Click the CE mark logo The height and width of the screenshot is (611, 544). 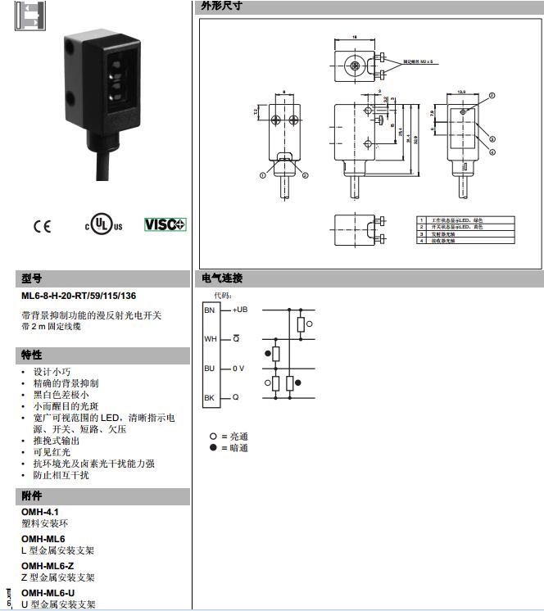[42, 225]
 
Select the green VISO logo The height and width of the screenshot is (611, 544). [165, 224]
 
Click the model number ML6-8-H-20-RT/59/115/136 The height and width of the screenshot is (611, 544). [79, 296]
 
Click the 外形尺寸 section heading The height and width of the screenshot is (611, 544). [222, 7]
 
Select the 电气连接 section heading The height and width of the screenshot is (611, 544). [222, 278]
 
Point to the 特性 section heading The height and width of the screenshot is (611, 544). [32, 355]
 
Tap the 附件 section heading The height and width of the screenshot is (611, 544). [32, 496]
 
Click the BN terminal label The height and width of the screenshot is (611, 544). [210, 310]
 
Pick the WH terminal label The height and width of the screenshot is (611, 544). [211, 338]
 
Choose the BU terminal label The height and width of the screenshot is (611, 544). [210, 369]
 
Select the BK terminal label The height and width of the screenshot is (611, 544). [210, 397]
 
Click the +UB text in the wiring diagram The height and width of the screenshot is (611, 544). [240, 310]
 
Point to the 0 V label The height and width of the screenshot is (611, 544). [238, 369]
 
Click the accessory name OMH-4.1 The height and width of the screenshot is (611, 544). [40, 511]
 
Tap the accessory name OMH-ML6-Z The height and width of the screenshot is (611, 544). [48, 566]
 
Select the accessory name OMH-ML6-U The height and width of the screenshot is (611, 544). [48, 593]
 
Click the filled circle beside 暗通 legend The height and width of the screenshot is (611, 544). [213, 448]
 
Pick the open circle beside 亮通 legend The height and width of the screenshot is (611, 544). [213, 437]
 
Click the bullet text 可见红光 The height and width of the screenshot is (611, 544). [52, 451]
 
